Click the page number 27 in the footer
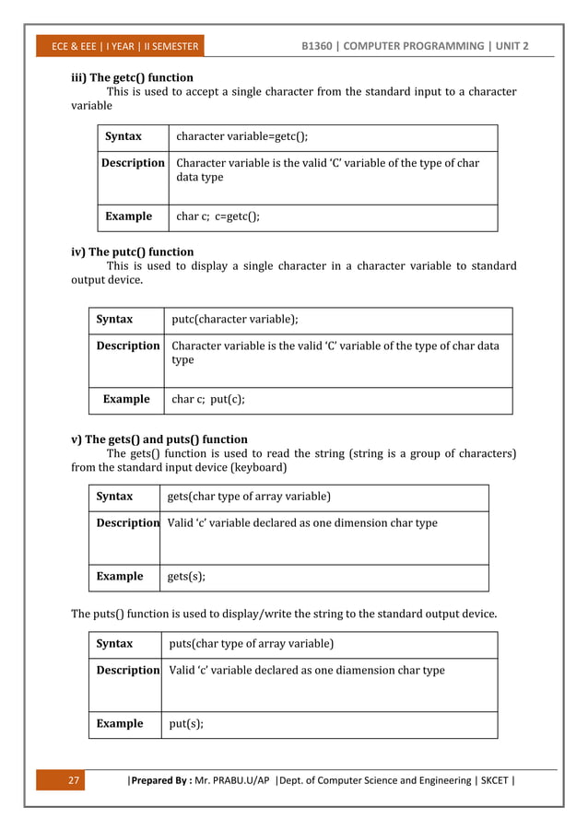75,781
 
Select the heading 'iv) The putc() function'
133,252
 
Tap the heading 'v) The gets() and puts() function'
159,439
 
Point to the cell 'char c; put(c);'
208,400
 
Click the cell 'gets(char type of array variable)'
248,497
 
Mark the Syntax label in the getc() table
123,136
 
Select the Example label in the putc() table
126,400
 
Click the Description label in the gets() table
128,523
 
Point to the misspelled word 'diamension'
337,670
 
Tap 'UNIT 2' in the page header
506,46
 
